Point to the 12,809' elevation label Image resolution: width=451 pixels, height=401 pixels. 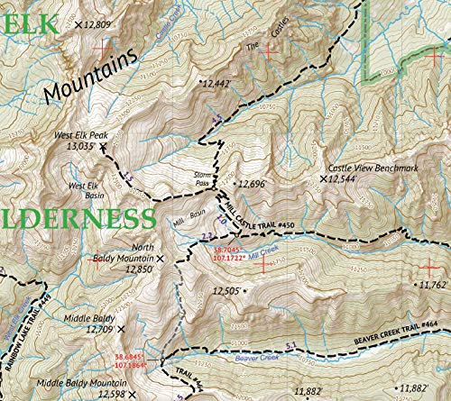98,24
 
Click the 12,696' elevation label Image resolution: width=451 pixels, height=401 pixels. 255,184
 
